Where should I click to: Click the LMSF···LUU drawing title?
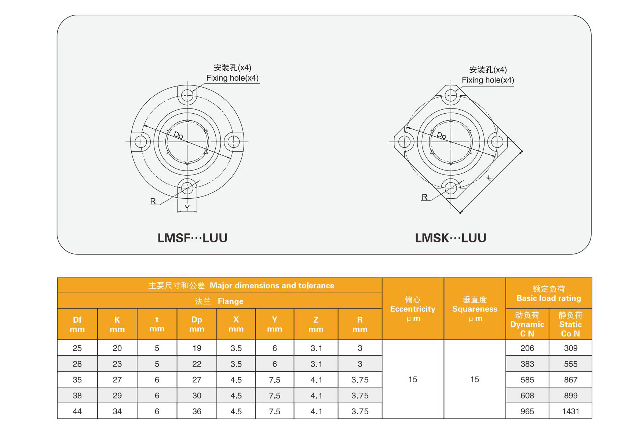coord(193,238)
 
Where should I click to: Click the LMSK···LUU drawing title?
coord(450,238)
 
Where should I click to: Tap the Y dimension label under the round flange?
coord(187,208)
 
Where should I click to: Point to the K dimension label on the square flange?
coord(489,178)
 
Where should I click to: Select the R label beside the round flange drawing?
coord(153,201)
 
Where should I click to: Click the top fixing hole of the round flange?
coord(187,95)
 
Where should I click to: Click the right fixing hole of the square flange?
coord(497,142)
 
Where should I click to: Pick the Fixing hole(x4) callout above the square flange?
coord(488,80)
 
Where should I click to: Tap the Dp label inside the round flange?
coord(178,135)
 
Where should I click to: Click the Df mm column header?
coord(77,324)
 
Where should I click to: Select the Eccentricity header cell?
coord(413,309)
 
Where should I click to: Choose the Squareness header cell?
coord(475,309)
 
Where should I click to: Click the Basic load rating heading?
coord(549,298)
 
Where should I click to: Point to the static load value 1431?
coord(570,411)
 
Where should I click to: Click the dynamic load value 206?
coord(527,348)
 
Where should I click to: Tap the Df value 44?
coord(77,411)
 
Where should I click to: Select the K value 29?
coord(117,396)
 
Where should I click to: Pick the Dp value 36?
coord(197,411)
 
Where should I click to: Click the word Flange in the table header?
coord(230,301)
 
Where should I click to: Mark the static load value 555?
coord(570,364)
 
